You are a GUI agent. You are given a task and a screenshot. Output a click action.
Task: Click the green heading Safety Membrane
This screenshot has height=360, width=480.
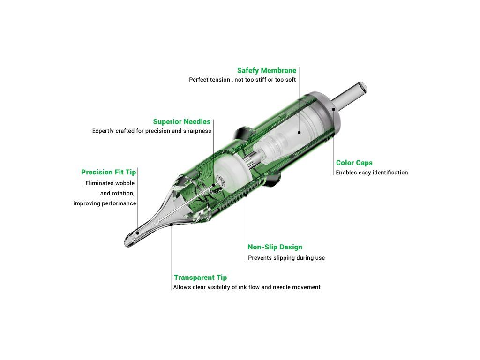point(267,71)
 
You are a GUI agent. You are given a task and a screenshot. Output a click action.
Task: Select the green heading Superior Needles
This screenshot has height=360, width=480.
point(182,122)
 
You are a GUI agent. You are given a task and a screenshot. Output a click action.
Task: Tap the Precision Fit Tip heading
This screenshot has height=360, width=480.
point(108,172)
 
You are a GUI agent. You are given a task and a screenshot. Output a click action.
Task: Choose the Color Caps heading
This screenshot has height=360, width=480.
point(354,163)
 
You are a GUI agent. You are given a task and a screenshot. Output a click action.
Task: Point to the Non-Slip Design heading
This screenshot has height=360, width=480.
point(275,247)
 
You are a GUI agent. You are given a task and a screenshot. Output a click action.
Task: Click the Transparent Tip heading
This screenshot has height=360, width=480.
point(201,277)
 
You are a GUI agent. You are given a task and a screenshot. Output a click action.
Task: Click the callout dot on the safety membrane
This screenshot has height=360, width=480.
point(299,133)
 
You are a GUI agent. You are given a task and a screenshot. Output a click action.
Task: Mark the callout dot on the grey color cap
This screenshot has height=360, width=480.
point(334,109)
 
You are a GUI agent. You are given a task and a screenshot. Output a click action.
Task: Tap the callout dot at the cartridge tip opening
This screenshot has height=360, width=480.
point(138,233)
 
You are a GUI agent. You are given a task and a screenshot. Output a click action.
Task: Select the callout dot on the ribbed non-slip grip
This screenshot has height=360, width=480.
point(246,195)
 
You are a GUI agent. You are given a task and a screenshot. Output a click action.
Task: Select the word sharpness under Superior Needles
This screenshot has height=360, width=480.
point(197,131)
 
